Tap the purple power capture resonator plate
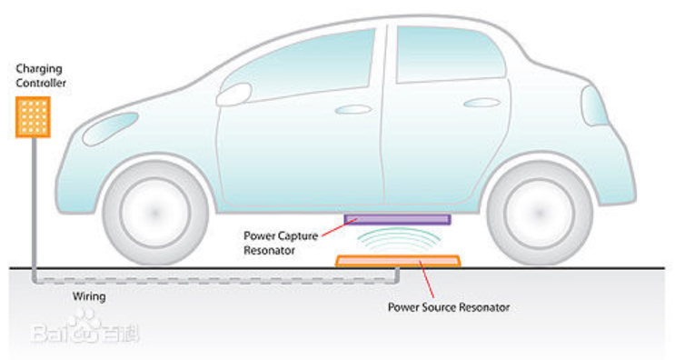(397, 219)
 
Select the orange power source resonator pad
(398, 261)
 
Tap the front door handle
(352, 109)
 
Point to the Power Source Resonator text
(448, 307)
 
